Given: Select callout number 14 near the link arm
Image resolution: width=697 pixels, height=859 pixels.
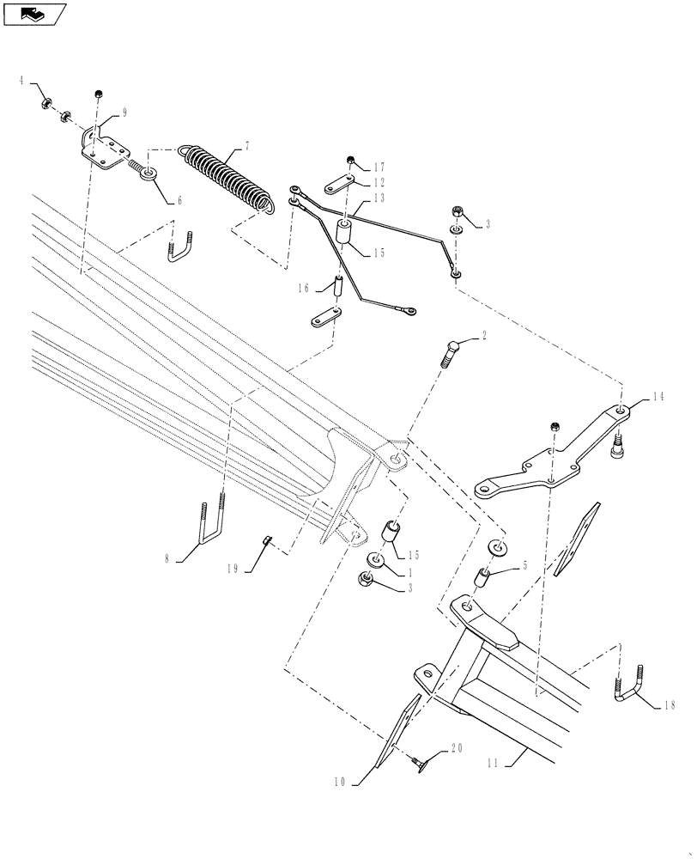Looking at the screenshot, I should point(658,397).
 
